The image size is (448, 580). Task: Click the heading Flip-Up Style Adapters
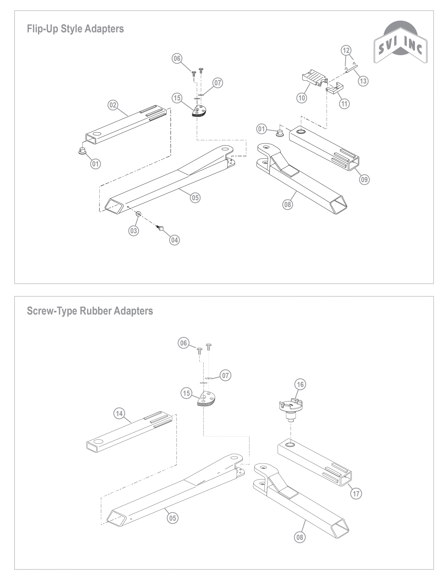tap(75, 29)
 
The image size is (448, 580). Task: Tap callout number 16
tap(300, 384)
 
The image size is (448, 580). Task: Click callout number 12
tap(346, 50)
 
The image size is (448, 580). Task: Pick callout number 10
tap(302, 98)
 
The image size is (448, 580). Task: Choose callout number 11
tap(344, 104)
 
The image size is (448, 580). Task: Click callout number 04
tap(174, 240)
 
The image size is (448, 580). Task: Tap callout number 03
tap(134, 230)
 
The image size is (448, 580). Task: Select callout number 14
tap(119, 413)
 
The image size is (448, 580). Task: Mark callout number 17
tap(356, 494)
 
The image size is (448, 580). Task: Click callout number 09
tap(364, 179)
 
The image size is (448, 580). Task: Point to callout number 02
tap(113, 105)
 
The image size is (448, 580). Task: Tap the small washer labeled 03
tap(138, 214)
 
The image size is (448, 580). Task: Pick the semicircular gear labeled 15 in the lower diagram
tap(206, 400)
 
